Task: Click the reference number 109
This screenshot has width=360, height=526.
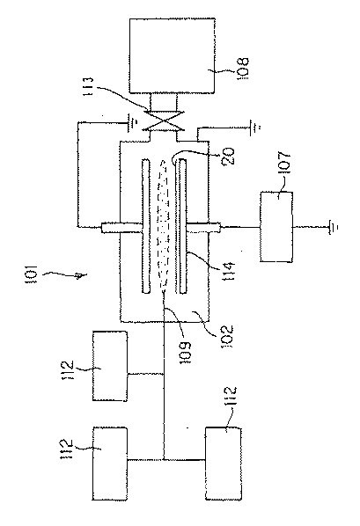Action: click(x=173, y=331)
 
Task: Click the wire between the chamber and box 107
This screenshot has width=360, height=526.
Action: click(x=233, y=226)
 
